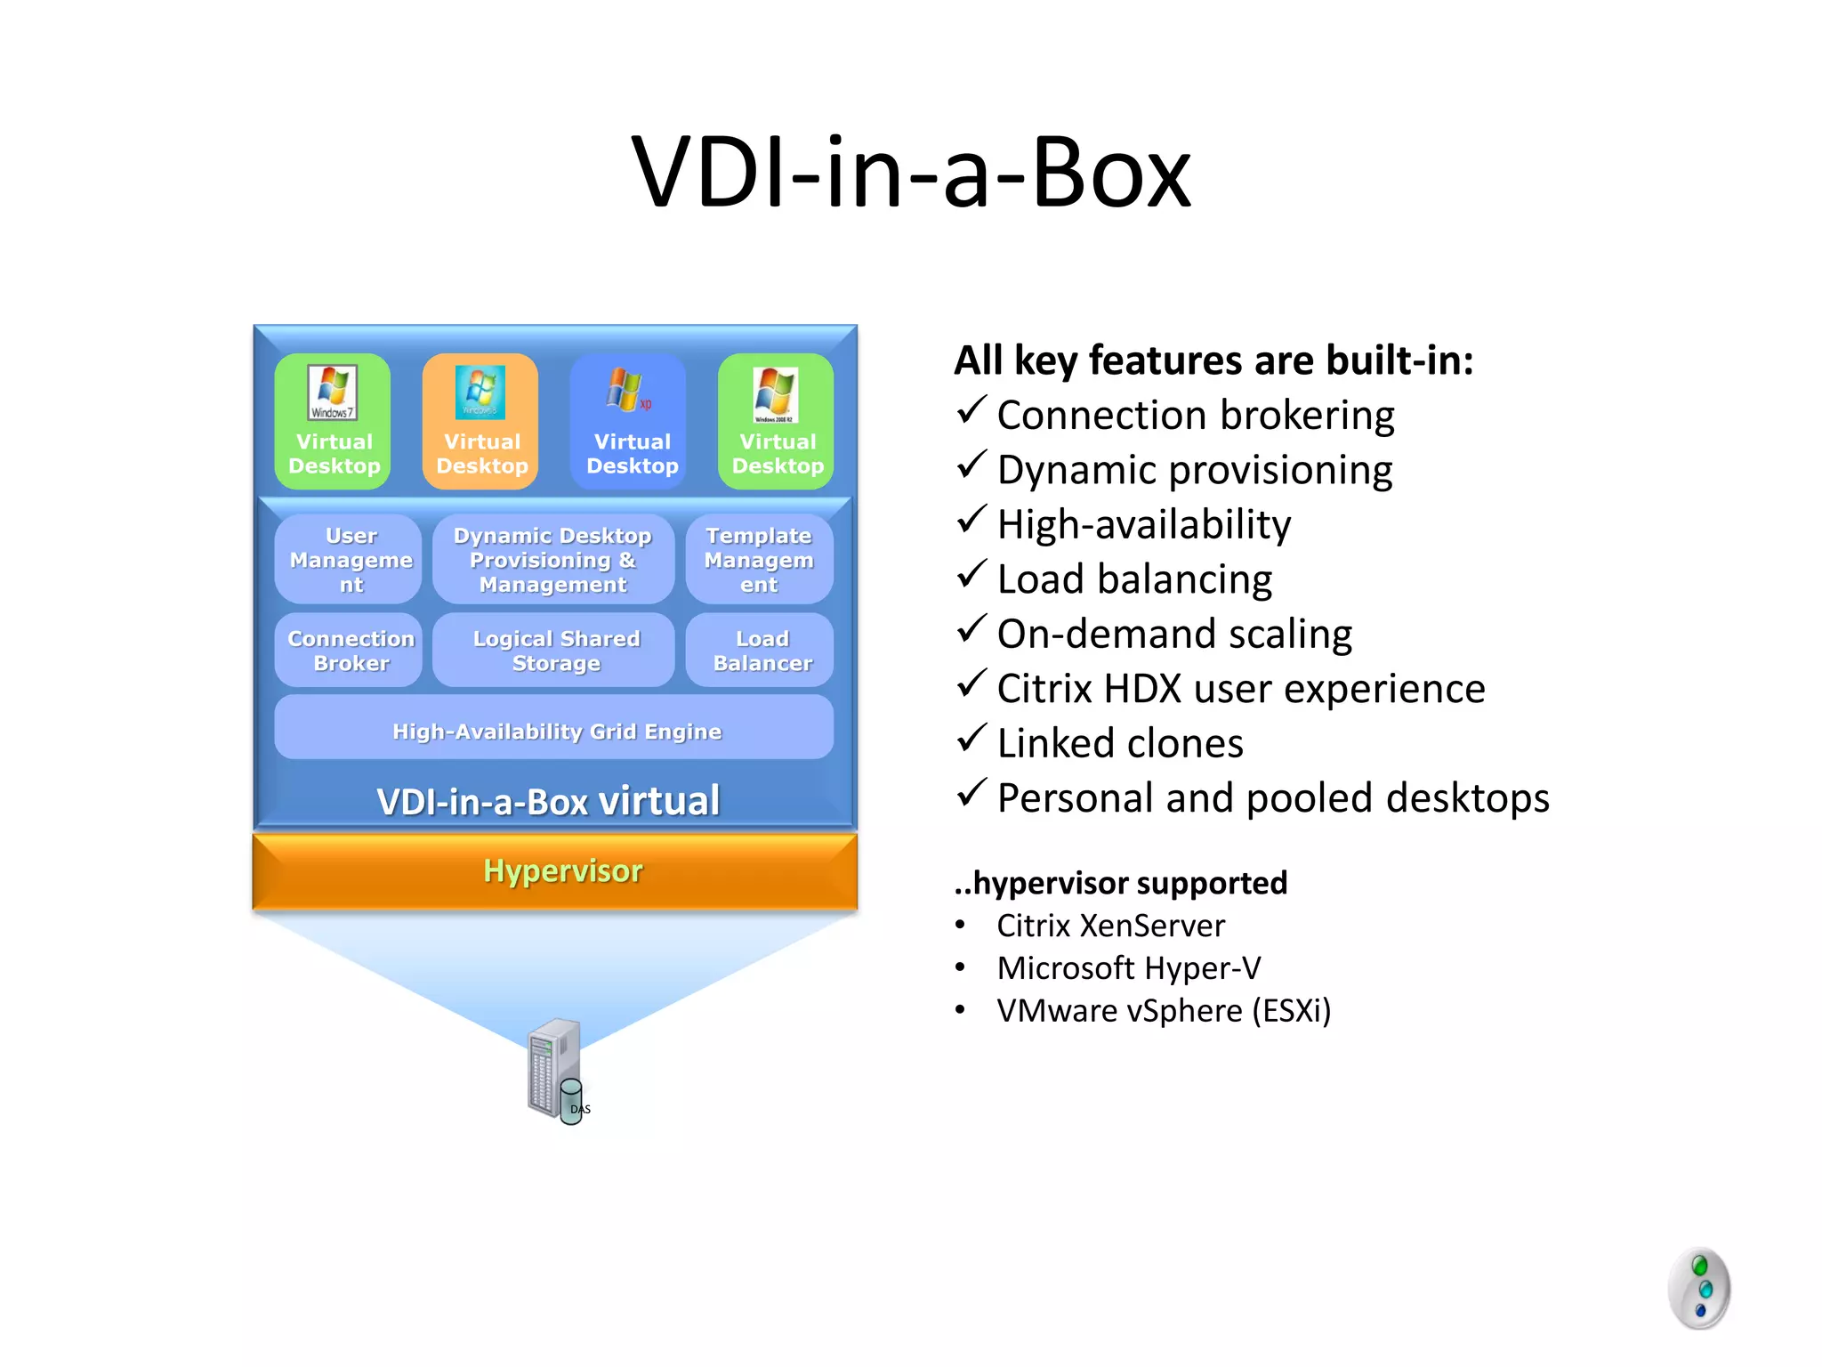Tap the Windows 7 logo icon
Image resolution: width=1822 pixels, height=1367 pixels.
pyautogui.click(x=332, y=392)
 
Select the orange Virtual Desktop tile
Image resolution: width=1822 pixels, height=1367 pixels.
pyautogui.click(x=480, y=422)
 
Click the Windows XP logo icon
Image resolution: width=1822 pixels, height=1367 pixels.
pyautogui.click(x=627, y=391)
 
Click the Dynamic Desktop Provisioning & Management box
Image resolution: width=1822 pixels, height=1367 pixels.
pyautogui.click(x=552, y=560)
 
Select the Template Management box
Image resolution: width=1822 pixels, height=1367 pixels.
pyautogui.click(x=759, y=560)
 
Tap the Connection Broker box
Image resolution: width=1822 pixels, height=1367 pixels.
pyautogui.click(x=350, y=651)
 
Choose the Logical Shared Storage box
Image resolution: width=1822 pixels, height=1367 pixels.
pyautogui.click(x=555, y=651)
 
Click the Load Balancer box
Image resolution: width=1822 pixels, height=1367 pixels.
pyautogui.click(x=761, y=651)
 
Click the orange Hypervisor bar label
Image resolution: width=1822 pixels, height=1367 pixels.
pyautogui.click(x=562, y=870)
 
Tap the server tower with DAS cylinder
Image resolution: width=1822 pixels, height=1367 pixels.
pyautogui.click(x=557, y=1071)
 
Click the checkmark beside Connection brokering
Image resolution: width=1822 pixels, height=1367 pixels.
pyautogui.click(x=971, y=410)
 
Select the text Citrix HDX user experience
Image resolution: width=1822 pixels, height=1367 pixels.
pyautogui.click(x=1240, y=689)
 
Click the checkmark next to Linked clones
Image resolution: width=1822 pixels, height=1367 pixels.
pyautogui.click(x=971, y=739)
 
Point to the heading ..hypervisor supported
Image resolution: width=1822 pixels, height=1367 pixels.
pyautogui.click(x=1120, y=883)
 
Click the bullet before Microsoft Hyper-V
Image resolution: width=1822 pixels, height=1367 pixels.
pyautogui.click(x=960, y=967)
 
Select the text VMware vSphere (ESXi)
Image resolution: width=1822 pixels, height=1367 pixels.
pyautogui.click(x=1163, y=1011)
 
